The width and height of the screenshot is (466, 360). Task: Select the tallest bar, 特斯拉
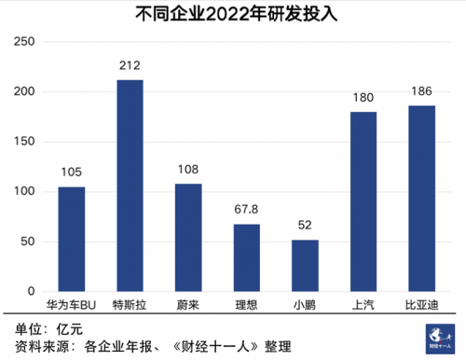[x=130, y=186]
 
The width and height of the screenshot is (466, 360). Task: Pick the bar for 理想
[x=246, y=257]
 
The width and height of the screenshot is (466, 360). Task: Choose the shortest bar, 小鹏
[x=305, y=265]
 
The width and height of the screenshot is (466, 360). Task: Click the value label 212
[x=130, y=65]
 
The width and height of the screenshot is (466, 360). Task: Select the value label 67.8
[x=246, y=210]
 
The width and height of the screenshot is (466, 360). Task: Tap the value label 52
[x=305, y=226]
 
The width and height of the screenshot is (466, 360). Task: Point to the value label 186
[x=421, y=91]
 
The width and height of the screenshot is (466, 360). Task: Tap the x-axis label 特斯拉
[x=130, y=304]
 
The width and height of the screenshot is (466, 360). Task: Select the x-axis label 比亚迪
[x=421, y=304]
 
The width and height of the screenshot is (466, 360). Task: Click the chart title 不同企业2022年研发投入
[x=233, y=14]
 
